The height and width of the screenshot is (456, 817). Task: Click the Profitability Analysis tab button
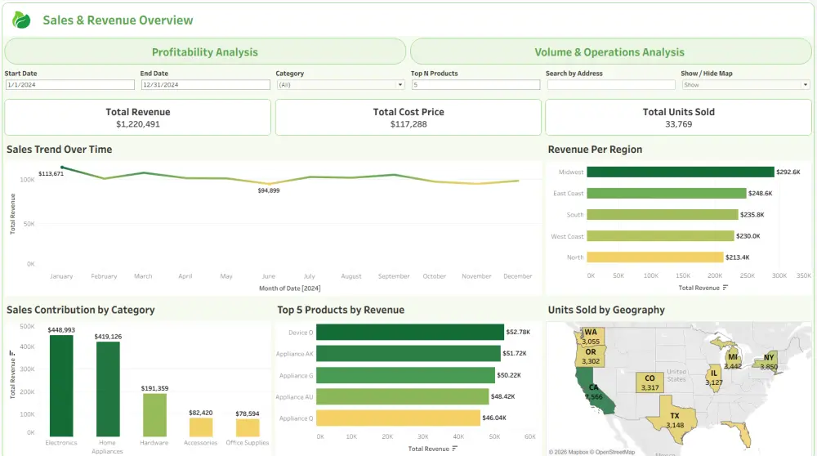tap(205, 52)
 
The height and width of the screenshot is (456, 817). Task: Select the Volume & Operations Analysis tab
tap(609, 52)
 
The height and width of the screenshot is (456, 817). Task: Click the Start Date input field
tap(69, 84)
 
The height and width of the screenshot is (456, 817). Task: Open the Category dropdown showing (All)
tap(340, 84)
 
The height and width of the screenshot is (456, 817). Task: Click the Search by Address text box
tap(610, 84)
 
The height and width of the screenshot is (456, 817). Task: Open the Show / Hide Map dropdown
tap(744, 84)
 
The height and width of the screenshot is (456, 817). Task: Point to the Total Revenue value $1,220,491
tap(137, 124)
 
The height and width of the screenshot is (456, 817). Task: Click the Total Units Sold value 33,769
tap(678, 124)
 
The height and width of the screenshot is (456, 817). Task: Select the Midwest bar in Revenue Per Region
tap(680, 172)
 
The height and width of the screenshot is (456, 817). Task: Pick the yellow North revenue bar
tap(655, 257)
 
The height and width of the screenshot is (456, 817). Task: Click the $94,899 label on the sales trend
tap(268, 190)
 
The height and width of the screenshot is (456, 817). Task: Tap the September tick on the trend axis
tap(394, 276)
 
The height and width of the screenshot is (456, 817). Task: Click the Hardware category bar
tap(154, 415)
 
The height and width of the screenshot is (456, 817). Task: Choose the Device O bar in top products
tap(409, 333)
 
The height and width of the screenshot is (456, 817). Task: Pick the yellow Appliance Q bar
tap(397, 418)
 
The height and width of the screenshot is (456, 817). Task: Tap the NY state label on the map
tap(769, 358)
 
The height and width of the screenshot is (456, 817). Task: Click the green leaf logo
tap(21, 20)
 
